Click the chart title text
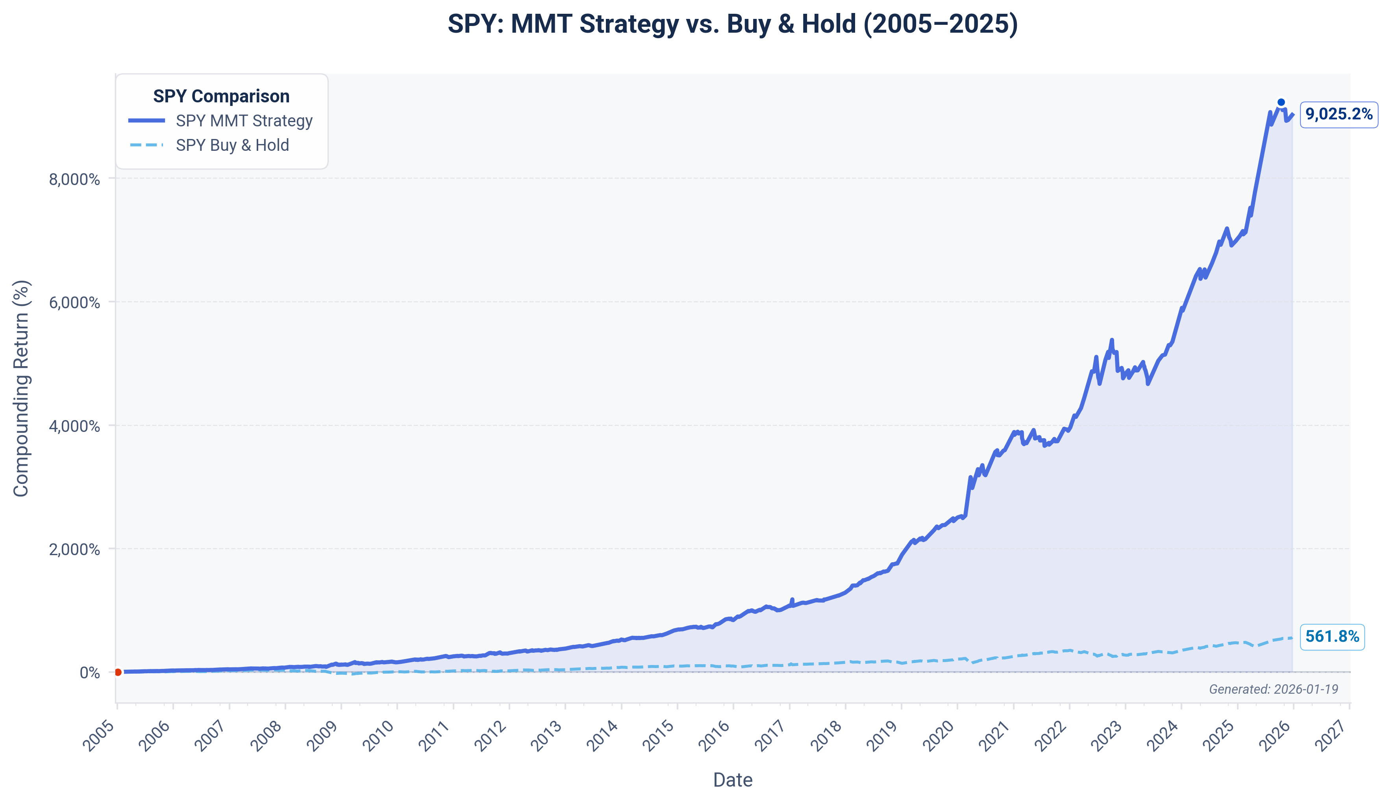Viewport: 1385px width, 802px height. [732, 24]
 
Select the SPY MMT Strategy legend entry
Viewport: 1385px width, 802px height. [243, 120]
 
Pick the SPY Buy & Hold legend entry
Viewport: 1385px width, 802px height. [232, 145]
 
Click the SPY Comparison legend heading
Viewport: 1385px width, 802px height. [221, 96]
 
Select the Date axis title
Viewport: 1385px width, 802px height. [732, 780]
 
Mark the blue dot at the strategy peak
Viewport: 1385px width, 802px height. [1281, 102]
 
